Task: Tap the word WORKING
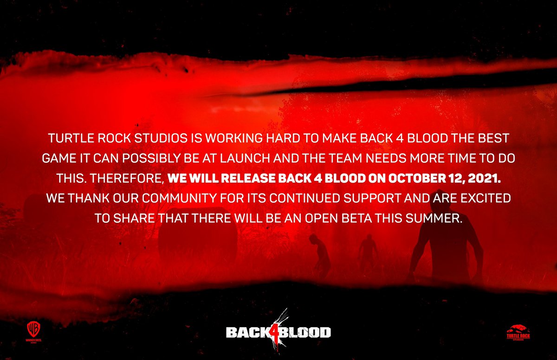point(233,138)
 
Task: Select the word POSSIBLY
point(151,159)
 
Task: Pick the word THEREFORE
point(126,179)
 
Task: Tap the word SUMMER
point(434,219)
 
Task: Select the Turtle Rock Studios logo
point(518,333)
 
